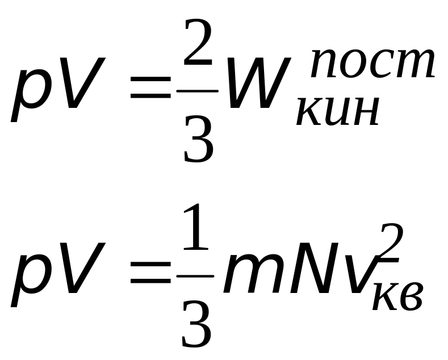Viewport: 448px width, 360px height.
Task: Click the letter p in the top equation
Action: [x=28, y=96]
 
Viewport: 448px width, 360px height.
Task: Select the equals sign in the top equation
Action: [x=150, y=87]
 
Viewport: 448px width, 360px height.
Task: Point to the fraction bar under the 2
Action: [x=198, y=91]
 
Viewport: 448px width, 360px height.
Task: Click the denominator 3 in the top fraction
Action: [x=199, y=140]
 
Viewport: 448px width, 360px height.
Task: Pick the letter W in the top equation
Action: [x=258, y=83]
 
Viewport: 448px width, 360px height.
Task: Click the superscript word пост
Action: [x=372, y=64]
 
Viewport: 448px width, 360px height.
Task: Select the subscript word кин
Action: [x=338, y=111]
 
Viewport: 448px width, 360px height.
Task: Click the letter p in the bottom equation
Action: [x=28, y=282]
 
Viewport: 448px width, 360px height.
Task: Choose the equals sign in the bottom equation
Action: [x=150, y=273]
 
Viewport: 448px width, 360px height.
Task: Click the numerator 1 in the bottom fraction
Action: [x=196, y=227]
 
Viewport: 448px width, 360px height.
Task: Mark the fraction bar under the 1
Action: [x=195, y=276]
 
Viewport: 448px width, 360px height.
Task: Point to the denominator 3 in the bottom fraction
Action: [x=197, y=324]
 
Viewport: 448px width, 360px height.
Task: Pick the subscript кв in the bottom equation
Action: [x=397, y=296]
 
